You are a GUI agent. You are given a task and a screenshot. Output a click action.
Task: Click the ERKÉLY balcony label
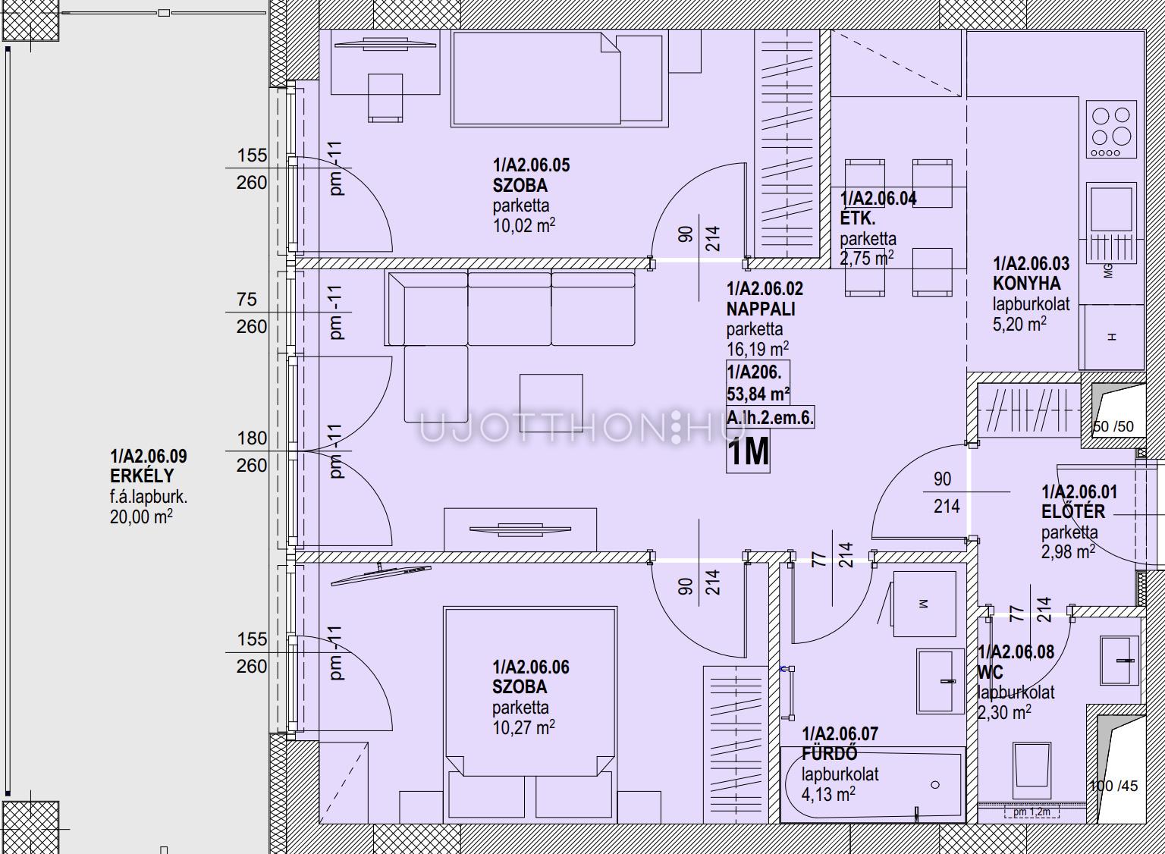pyautogui.click(x=142, y=476)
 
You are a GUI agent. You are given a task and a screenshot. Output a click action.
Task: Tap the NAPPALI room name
pyautogui.click(x=761, y=309)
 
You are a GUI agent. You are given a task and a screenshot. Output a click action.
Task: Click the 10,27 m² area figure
pyautogui.click(x=524, y=727)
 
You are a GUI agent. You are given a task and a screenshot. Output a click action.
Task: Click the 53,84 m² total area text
pyautogui.click(x=758, y=394)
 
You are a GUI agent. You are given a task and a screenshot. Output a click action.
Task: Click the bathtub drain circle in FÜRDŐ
pyautogui.click(x=935, y=785)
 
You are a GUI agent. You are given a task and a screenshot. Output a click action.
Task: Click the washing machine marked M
pyautogui.click(x=925, y=604)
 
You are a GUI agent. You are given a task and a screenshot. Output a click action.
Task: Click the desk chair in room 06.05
pyautogui.click(x=385, y=98)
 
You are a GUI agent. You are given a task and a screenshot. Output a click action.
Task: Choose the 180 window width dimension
pyautogui.click(x=253, y=438)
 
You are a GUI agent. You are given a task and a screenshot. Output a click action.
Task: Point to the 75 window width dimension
pyautogui.click(x=247, y=300)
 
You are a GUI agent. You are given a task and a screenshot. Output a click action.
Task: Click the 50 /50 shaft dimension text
pyautogui.click(x=1113, y=426)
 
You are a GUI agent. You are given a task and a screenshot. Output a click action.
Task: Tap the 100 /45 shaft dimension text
pyautogui.click(x=1114, y=785)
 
